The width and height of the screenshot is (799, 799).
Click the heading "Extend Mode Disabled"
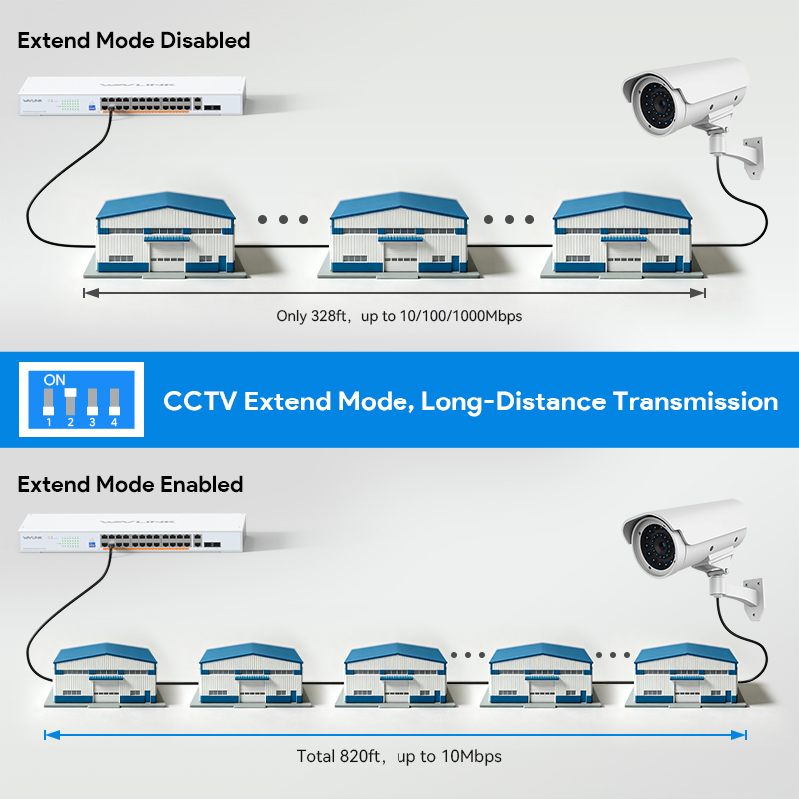[x=134, y=40]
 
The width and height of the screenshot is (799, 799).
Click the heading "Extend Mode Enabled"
[x=130, y=484]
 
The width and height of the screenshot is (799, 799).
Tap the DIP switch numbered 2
[x=70, y=401]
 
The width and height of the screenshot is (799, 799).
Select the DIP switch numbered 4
[x=114, y=401]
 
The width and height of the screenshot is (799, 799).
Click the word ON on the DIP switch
[x=55, y=380]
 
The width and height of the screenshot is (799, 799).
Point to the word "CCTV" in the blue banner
[x=199, y=401]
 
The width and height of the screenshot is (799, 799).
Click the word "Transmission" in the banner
[x=695, y=401]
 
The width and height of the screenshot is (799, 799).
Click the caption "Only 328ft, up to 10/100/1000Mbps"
[x=399, y=316]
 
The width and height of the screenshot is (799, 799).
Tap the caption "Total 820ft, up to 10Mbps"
[x=399, y=756]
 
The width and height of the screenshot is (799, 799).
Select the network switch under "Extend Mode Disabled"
[x=132, y=96]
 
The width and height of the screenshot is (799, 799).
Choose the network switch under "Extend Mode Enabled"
[x=132, y=533]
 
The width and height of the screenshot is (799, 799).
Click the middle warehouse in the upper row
[x=399, y=235]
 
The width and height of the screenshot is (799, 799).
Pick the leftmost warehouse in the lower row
[x=105, y=675]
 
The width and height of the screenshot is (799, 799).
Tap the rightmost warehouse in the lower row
[x=686, y=675]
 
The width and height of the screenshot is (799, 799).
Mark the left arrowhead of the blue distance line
[x=52, y=735]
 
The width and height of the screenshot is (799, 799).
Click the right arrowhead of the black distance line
[x=697, y=293]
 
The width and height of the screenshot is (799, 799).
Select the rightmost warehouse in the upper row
[x=622, y=235]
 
